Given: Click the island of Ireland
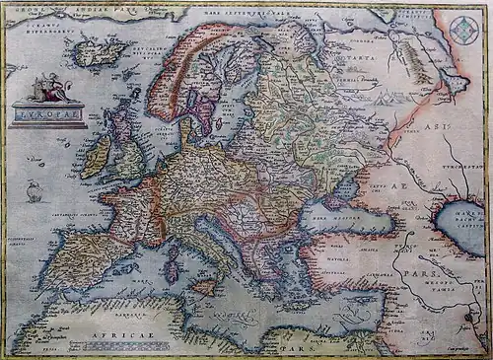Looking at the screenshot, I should coord(96,157).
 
